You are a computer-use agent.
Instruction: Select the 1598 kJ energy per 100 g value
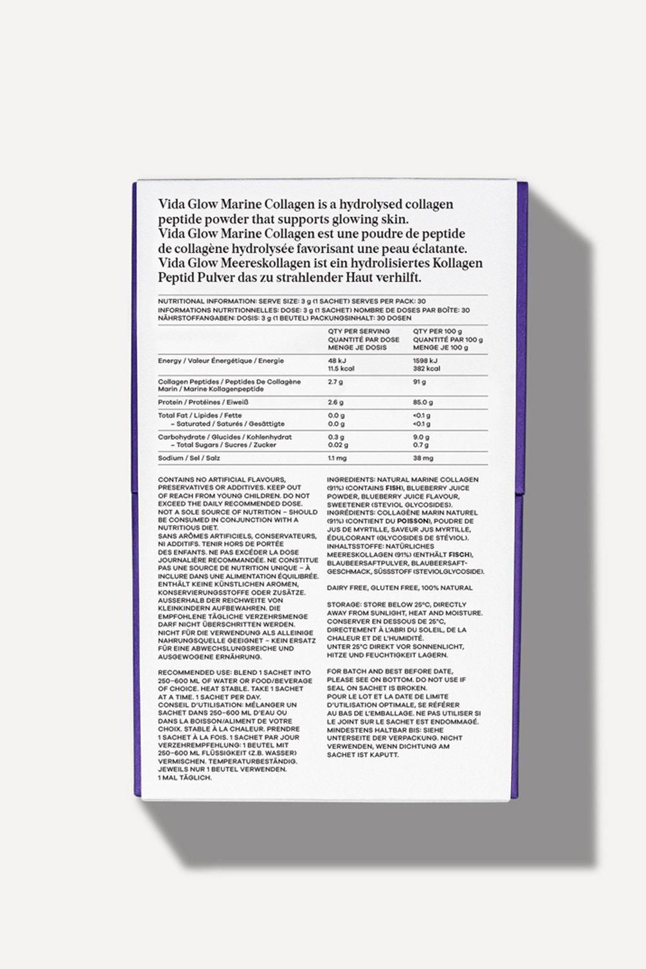point(425,360)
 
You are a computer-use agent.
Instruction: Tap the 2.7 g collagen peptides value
point(335,382)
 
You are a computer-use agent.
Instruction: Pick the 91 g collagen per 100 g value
point(419,382)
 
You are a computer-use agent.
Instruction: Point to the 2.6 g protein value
point(335,402)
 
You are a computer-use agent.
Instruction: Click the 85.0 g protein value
point(422,402)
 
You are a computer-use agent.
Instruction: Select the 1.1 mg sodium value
point(337,458)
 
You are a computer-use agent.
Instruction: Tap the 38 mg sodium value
point(423,458)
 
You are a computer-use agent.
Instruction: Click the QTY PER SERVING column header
point(359,331)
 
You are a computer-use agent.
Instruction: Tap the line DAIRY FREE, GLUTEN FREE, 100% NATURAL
point(399,588)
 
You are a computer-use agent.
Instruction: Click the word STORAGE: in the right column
point(344,605)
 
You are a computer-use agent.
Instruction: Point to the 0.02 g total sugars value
point(338,444)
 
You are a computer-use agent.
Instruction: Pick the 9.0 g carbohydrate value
point(421,437)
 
